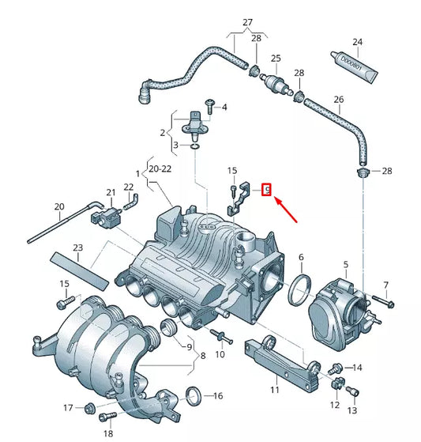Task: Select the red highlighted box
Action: [x=267, y=188]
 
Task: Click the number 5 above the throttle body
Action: [x=345, y=264]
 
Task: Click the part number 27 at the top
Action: [x=247, y=21]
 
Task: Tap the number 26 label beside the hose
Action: [x=338, y=100]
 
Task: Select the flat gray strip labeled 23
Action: [x=79, y=270]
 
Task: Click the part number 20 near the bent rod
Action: [x=59, y=207]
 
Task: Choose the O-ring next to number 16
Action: [x=192, y=395]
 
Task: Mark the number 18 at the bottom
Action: [x=108, y=434]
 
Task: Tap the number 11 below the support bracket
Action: [x=274, y=390]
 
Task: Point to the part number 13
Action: [x=352, y=411]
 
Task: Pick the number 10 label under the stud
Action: [x=220, y=353]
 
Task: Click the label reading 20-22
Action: [x=159, y=168]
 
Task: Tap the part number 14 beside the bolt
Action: [x=357, y=368]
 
